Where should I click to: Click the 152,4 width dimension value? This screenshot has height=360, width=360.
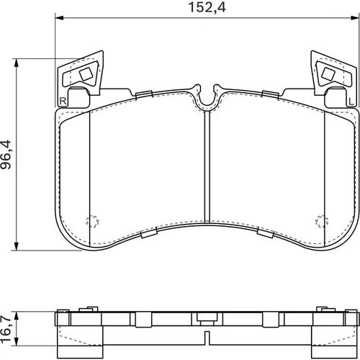(x=207, y=7)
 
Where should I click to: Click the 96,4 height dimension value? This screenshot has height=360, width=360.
(x=6, y=155)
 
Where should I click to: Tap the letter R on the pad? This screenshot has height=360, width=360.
(x=63, y=101)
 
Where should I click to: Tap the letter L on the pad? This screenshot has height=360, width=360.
(x=351, y=102)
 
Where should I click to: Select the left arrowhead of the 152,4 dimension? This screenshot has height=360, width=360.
(x=60, y=18)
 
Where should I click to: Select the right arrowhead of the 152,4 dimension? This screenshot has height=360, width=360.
(x=355, y=18)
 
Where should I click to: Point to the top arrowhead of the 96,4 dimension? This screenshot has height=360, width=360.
(x=17, y=63)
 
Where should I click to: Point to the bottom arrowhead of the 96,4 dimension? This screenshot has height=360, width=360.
(x=17, y=246)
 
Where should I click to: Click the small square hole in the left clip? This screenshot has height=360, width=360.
(x=86, y=74)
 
